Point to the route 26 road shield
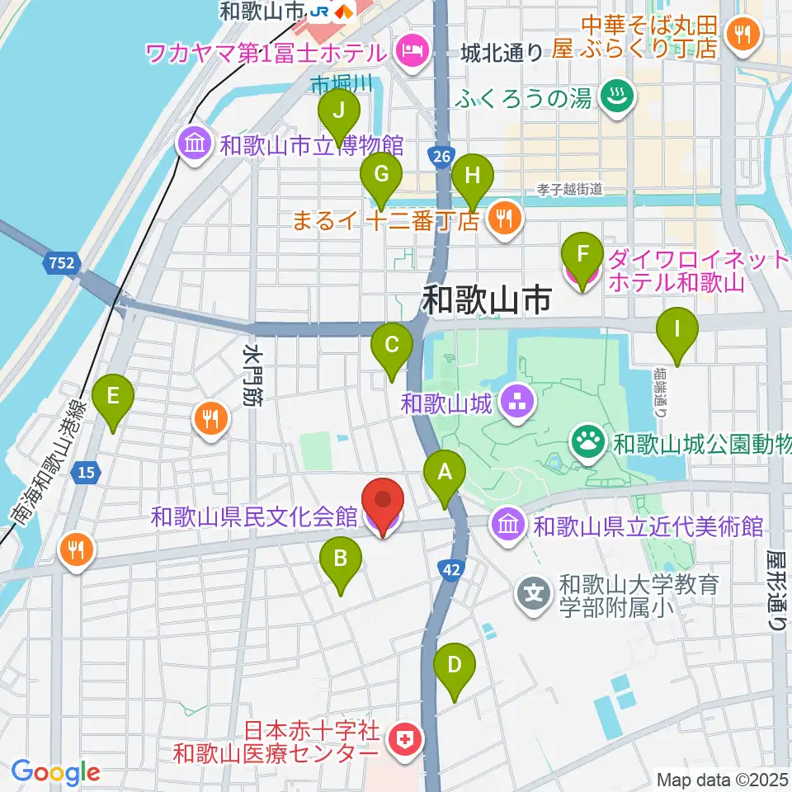coord(439,154)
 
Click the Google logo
coord(55,772)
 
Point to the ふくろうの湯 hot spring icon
coord(614,98)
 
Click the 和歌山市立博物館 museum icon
coord(194,147)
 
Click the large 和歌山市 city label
coord(486,300)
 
